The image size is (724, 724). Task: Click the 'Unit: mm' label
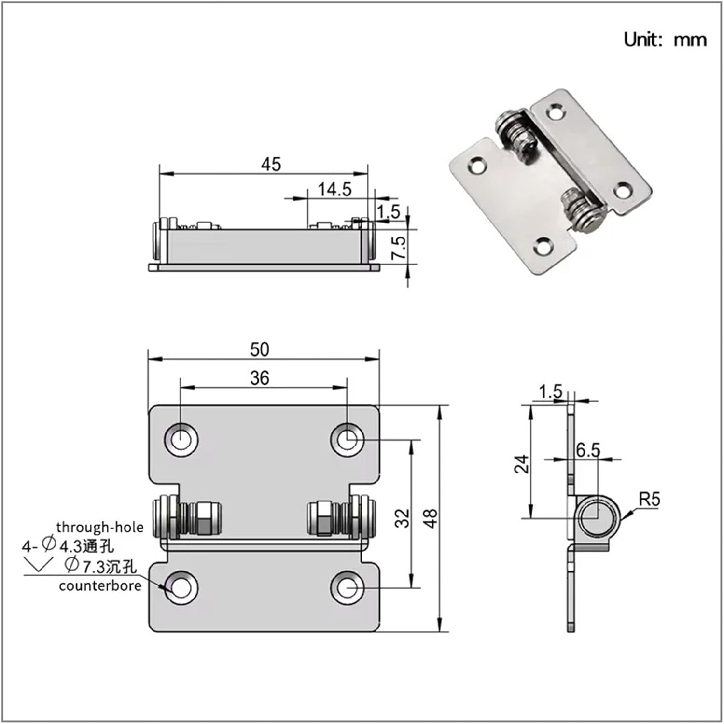[x=665, y=40]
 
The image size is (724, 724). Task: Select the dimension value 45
[x=271, y=165]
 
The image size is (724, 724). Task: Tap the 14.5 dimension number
[x=334, y=190]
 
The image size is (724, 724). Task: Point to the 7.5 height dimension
[x=399, y=248]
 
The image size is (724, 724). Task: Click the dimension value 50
[x=260, y=349]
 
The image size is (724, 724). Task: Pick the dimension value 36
[x=260, y=378]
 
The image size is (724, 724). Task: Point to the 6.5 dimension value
[x=588, y=450]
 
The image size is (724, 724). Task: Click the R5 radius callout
[x=649, y=499]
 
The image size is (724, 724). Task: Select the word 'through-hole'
[x=100, y=527]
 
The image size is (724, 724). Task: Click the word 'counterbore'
[x=100, y=586]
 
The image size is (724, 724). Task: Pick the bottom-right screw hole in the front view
[x=347, y=588]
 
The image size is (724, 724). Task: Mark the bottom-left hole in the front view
[x=181, y=588]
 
